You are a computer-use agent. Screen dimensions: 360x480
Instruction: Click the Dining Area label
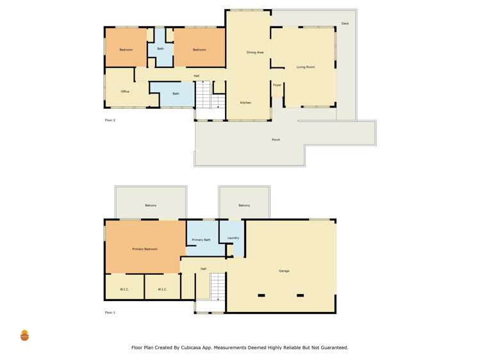[x=255, y=52]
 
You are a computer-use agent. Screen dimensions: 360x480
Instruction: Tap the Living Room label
[x=306, y=67]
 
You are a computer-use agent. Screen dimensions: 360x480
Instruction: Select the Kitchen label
[x=245, y=102]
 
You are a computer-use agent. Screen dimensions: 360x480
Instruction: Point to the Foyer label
[x=277, y=85]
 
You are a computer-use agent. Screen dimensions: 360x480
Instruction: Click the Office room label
[x=125, y=92]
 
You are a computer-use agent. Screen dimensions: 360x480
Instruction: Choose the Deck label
[x=345, y=24]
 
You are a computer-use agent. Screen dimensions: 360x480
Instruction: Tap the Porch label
[x=276, y=140]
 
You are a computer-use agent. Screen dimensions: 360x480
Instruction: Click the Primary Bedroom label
[x=145, y=249]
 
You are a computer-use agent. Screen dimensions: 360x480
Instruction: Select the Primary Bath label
[x=201, y=240]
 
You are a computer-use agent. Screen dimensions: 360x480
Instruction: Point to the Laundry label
[x=233, y=238]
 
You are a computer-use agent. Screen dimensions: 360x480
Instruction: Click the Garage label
[x=284, y=271]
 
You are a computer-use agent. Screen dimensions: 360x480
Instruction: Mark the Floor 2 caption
[x=110, y=120]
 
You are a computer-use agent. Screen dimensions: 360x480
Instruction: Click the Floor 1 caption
[x=110, y=313]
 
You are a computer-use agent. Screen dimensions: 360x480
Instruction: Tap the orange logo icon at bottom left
[x=24, y=335]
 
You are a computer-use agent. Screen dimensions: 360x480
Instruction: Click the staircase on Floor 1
[x=218, y=286]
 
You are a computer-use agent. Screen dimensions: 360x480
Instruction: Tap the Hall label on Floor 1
[x=203, y=268]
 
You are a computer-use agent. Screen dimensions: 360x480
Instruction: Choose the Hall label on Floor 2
[x=197, y=76]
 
